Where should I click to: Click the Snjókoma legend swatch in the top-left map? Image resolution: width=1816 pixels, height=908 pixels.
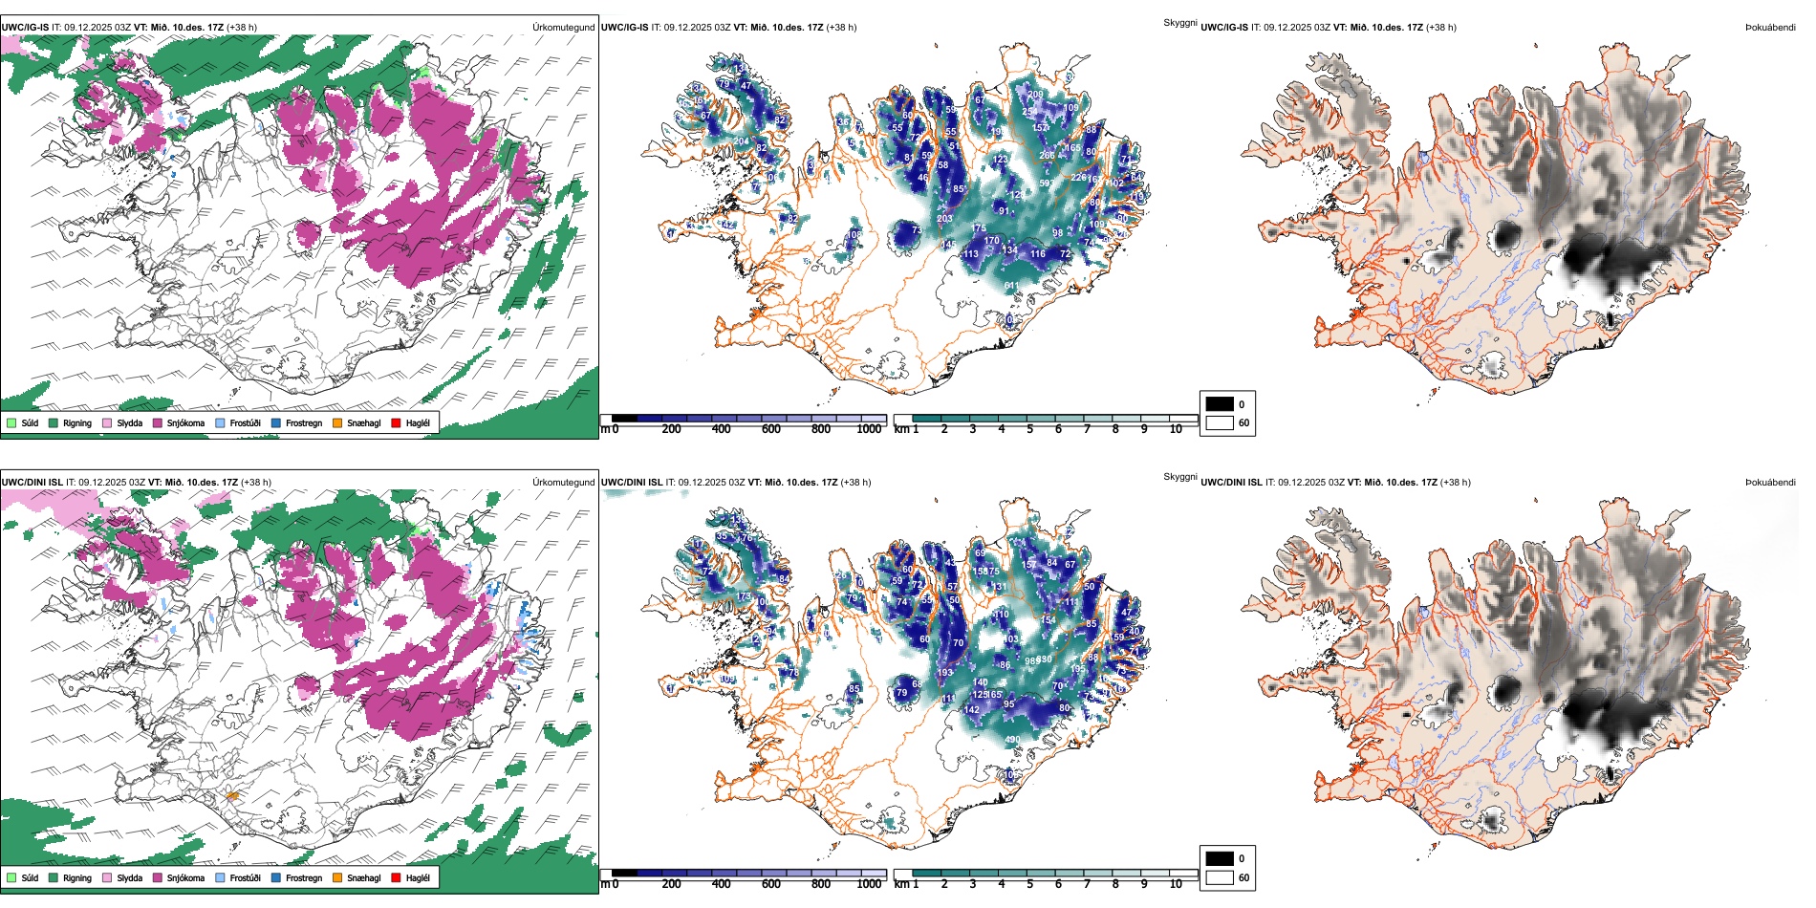(158, 422)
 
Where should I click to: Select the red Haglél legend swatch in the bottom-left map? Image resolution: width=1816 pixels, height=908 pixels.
(396, 877)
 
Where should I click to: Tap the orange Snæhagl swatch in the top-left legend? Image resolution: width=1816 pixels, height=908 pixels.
(337, 422)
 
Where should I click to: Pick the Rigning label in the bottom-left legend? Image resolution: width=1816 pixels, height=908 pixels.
(77, 878)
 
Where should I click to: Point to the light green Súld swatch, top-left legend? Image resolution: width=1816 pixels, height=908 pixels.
(11, 422)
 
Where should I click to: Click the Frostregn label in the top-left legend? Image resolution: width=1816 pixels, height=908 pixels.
(304, 423)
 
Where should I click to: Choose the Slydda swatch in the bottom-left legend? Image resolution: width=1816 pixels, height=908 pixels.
(107, 877)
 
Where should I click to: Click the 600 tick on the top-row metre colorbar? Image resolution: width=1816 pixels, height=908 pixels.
(771, 429)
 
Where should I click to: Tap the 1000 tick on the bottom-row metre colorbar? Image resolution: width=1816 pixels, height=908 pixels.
(869, 884)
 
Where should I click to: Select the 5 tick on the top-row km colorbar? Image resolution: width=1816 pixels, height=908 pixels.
(1030, 429)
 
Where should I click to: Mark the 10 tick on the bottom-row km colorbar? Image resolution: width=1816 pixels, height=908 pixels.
(1176, 884)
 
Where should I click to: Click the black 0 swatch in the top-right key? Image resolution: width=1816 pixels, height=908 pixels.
(1220, 404)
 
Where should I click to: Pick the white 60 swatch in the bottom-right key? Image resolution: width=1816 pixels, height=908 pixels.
(1220, 877)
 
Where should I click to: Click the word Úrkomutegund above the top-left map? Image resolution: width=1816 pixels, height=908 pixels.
(563, 28)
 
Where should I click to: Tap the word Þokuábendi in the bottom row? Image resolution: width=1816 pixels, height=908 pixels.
(1770, 483)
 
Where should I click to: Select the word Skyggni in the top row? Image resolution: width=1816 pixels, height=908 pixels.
(1179, 23)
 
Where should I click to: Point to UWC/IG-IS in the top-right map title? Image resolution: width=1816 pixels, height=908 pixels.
(1224, 28)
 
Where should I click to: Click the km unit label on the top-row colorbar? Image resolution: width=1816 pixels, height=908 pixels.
(901, 429)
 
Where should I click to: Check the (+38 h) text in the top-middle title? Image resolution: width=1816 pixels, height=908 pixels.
(841, 28)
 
